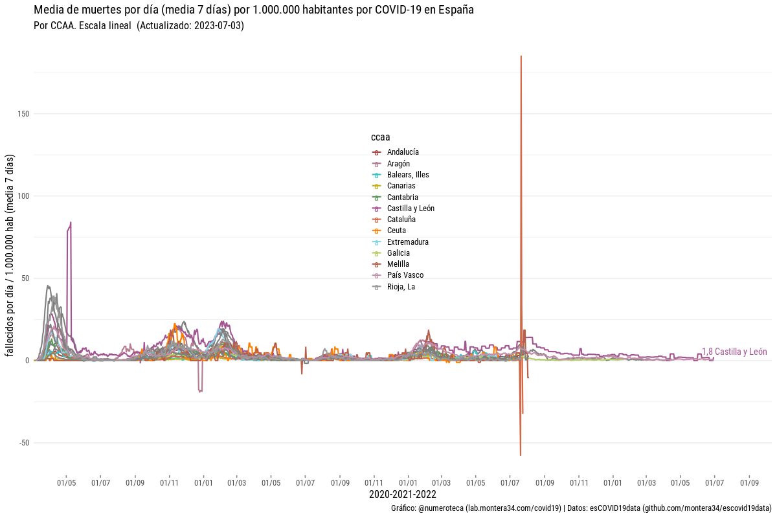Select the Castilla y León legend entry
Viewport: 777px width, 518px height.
[x=411, y=208]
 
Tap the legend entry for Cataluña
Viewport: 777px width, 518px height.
[x=401, y=220]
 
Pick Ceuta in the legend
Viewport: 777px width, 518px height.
[x=397, y=231]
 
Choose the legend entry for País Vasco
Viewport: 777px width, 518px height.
[x=405, y=275]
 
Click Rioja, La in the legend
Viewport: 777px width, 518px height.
[x=401, y=287]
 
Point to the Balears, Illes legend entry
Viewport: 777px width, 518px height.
[x=408, y=175]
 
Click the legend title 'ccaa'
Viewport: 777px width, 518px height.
[x=380, y=137]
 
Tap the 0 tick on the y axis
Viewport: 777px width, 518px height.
[x=27, y=361]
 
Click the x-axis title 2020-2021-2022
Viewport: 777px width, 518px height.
[x=402, y=495]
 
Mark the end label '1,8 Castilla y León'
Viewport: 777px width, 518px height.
[x=734, y=352]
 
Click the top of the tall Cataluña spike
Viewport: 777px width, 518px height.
[x=521, y=56]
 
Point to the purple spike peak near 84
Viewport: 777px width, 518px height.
[x=71, y=223]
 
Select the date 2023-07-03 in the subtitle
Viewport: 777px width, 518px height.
[x=218, y=26]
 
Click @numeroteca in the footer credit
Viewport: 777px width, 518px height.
[x=441, y=509]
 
